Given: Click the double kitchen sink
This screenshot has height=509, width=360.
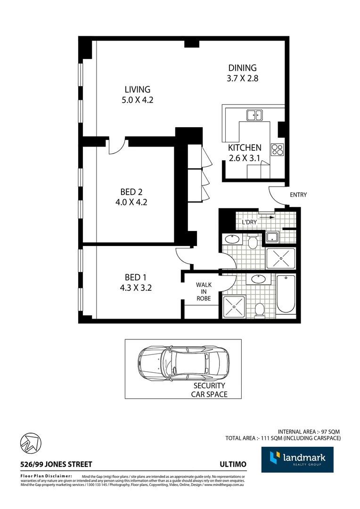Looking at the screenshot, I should pyautogui.click(x=254, y=114).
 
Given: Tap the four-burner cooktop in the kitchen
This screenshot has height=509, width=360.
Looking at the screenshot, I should pyautogui.click(x=277, y=149).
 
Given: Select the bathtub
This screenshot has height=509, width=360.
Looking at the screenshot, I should pyautogui.click(x=286, y=294).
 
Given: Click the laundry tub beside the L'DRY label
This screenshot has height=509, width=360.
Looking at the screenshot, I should pyautogui.click(x=272, y=237).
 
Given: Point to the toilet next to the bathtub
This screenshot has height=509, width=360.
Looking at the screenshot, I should pyautogui.click(x=259, y=310).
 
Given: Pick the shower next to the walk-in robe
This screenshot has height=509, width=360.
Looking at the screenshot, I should pyautogui.click(x=235, y=307).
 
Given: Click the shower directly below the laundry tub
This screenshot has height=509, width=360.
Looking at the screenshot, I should pyautogui.click(x=281, y=259).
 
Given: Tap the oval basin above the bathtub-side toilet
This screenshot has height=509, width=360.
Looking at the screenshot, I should pyautogui.click(x=258, y=279).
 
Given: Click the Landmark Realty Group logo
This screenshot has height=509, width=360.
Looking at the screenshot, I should pyautogui.click(x=297, y=460).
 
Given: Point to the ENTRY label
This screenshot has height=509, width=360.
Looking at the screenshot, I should pyautogui.click(x=298, y=195).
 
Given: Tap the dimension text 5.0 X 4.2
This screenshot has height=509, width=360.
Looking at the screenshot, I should pyautogui.click(x=138, y=100).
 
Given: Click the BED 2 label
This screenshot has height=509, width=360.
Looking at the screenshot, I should pyautogui.click(x=131, y=192).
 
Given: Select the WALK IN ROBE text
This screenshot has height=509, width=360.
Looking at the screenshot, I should pyautogui.click(x=204, y=292).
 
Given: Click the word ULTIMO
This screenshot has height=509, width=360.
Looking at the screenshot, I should pyautogui.click(x=233, y=464).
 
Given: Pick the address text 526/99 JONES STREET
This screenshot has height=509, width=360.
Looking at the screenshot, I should pyautogui.click(x=56, y=464).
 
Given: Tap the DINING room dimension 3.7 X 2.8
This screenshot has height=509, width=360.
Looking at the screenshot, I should pyautogui.click(x=242, y=79).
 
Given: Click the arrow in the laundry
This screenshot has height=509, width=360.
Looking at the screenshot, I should pyautogui.click(x=267, y=217).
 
